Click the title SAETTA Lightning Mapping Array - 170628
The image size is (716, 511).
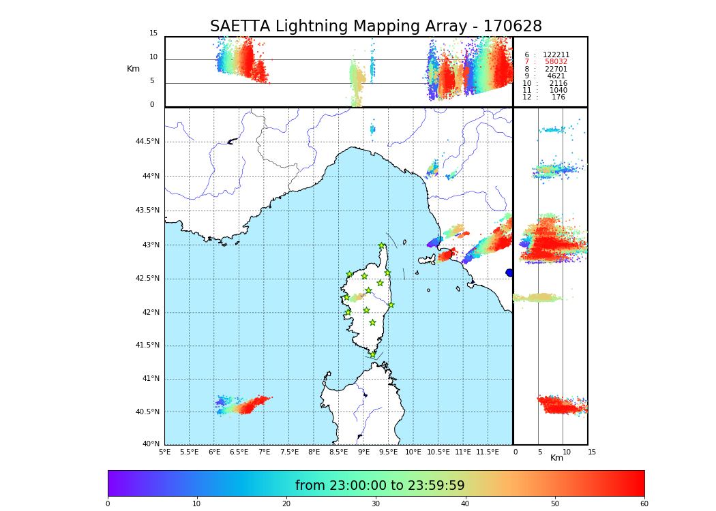[x=376, y=27]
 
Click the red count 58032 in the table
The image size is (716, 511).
[x=556, y=62]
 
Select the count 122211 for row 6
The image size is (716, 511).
[x=556, y=55]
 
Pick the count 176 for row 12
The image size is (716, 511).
[x=558, y=97]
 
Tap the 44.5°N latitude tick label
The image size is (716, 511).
[x=147, y=142]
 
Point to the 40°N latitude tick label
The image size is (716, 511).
[x=151, y=444]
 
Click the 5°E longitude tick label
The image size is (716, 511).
[x=164, y=452]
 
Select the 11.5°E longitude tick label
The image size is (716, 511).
[x=488, y=452]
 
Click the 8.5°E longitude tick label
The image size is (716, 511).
[x=339, y=452]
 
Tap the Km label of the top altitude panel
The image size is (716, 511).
[x=133, y=69]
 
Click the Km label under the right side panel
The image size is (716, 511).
[x=556, y=458]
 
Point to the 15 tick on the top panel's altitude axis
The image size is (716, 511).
[x=153, y=33]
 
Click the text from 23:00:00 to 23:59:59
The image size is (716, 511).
[x=380, y=486]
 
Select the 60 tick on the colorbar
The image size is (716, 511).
[x=644, y=504]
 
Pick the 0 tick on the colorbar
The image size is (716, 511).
[x=108, y=504]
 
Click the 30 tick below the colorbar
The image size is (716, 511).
[x=376, y=504]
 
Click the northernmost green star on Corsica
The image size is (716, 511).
[x=382, y=246]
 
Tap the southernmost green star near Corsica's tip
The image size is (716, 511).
[x=372, y=354]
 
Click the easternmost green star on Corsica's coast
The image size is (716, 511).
[x=391, y=305]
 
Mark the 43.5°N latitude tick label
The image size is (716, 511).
[x=147, y=211]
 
